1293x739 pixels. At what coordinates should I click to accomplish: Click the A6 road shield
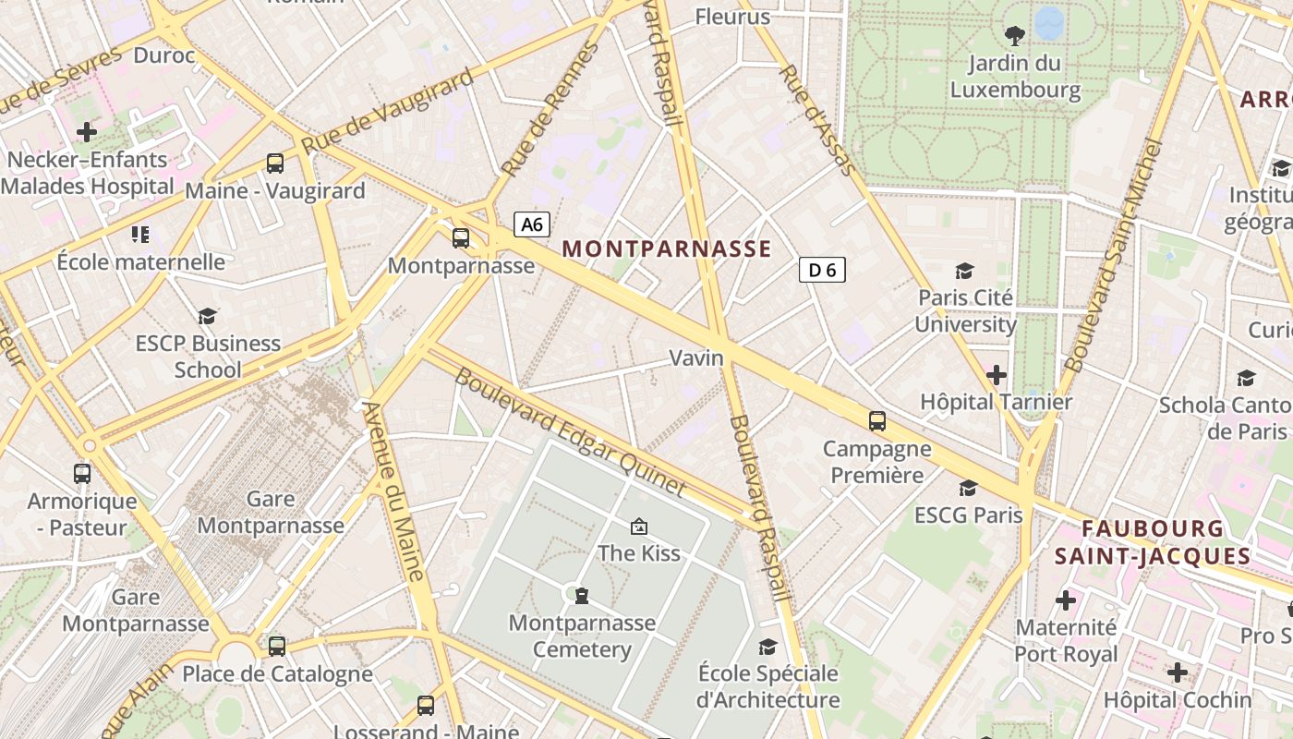532,224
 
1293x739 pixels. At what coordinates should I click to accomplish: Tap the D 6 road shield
821,270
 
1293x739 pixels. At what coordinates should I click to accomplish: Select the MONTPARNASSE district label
666,248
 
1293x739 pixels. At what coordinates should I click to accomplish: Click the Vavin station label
696,357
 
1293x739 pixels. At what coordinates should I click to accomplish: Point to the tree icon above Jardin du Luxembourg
1014,36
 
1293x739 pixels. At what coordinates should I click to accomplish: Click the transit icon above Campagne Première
876,421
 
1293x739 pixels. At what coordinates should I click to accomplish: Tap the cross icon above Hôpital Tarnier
996,375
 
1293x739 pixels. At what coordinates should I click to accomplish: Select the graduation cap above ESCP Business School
208,316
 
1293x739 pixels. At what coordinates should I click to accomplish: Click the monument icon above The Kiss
638,527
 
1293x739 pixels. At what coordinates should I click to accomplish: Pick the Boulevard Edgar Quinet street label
570,432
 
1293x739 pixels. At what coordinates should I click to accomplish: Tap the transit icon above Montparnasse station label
460,238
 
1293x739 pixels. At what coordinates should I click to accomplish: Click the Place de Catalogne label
277,673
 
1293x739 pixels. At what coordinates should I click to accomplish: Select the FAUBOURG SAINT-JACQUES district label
1153,542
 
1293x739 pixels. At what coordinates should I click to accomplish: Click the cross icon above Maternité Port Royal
1066,600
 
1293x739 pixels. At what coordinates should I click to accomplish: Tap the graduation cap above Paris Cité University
964,271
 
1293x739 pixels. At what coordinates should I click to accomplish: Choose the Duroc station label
164,55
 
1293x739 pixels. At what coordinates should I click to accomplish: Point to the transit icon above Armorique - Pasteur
82,474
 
